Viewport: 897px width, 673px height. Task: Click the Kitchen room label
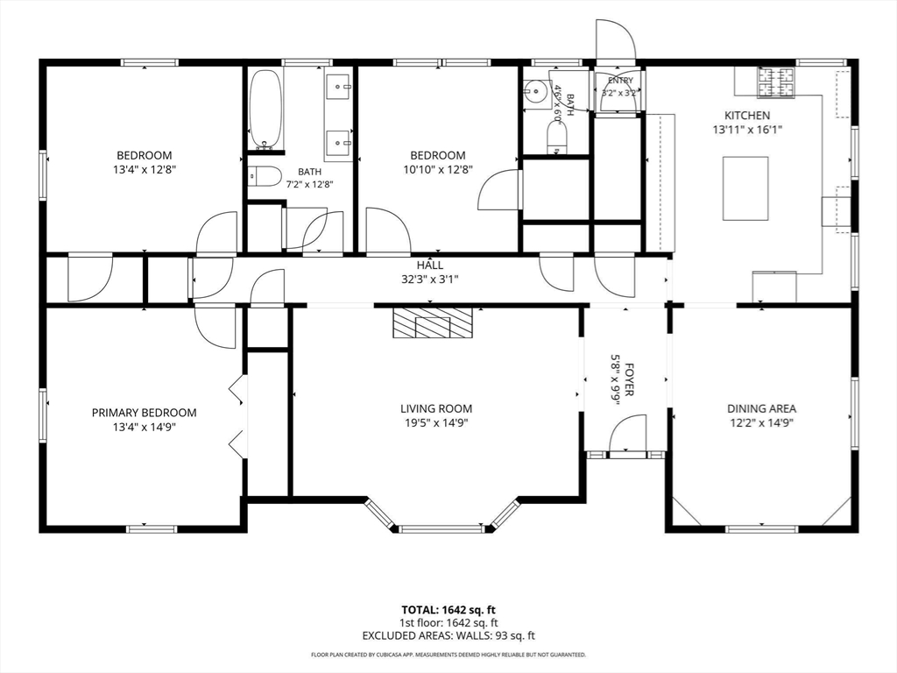747,115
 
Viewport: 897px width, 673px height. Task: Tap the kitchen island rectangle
746,188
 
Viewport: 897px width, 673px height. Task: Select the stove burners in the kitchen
776,81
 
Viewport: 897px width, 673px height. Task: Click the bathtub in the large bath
266,110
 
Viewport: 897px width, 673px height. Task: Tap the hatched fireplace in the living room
433,322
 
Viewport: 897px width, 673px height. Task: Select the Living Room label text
436,408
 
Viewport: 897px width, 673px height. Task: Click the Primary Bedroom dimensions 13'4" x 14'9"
145,427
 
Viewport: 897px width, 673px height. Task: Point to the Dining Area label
761,408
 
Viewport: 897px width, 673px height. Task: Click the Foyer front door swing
627,434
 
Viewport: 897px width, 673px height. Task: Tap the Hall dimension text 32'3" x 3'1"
429,280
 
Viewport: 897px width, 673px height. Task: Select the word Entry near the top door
620,81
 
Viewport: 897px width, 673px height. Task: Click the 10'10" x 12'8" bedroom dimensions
438,169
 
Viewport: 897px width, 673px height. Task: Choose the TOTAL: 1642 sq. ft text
444,610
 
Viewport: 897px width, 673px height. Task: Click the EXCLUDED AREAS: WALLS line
448,635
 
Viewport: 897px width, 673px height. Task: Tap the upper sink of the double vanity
339,87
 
